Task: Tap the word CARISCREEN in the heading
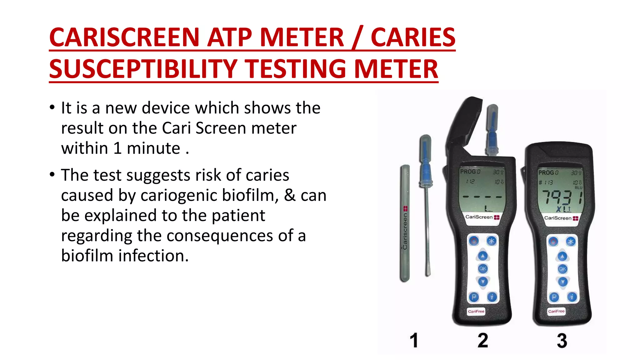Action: pyautogui.click(x=124, y=37)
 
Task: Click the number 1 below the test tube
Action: pyautogui.click(x=414, y=340)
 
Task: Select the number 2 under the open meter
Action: pyautogui.click(x=483, y=340)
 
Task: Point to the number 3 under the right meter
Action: pyautogui.click(x=562, y=340)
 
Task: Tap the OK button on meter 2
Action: pyautogui.click(x=483, y=268)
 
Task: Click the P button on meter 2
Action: pyautogui.click(x=474, y=297)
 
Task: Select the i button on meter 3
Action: pyautogui.click(x=572, y=297)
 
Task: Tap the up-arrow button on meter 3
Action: pyautogui.click(x=562, y=257)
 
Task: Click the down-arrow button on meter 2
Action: pyautogui.click(x=483, y=282)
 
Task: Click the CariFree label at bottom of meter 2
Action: pyautogui.click(x=476, y=311)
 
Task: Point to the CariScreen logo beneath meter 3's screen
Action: pyautogui.click(x=561, y=218)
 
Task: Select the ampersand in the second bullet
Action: pyautogui.click(x=290, y=195)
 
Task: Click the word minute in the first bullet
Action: pyautogui.click(x=153, y=148)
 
